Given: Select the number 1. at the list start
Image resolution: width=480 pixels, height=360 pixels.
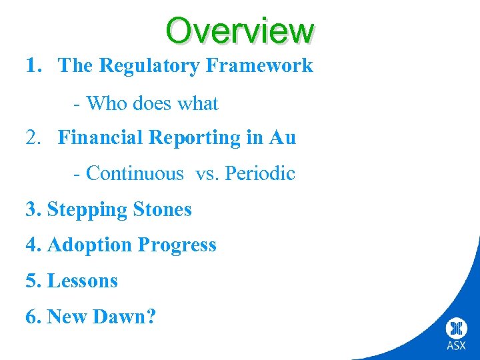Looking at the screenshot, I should click(x=35, y=65).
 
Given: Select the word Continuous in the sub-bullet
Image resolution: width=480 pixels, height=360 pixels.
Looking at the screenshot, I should click(x=135, y=173).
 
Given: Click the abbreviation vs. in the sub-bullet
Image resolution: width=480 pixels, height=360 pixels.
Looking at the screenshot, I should click(x=207, y=173).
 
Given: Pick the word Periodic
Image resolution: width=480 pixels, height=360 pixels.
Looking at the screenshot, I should click(x=260, y=173).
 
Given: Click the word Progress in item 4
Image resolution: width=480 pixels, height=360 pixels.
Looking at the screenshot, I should click(x=177, y=246).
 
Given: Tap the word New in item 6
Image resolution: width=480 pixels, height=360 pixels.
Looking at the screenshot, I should click(x=69, y=317).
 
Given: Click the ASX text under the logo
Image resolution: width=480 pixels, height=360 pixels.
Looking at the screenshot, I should click(x=456, y=345).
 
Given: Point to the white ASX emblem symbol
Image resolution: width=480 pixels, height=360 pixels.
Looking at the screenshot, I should click(x=456, y=328).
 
